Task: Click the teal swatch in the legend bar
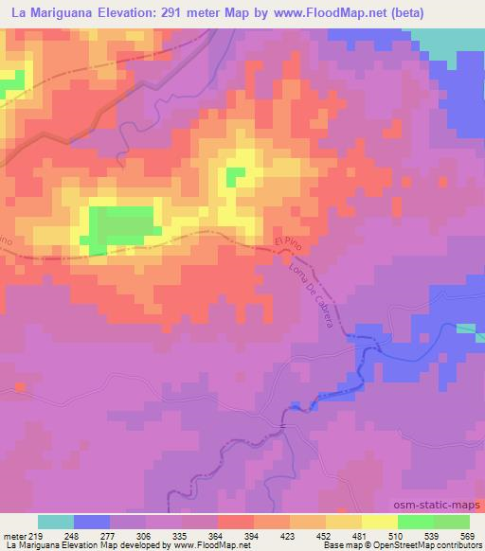[56, 522]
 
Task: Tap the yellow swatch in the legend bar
[379, 522]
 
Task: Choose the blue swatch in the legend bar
[92, 522]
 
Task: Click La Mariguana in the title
[44, 13]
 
